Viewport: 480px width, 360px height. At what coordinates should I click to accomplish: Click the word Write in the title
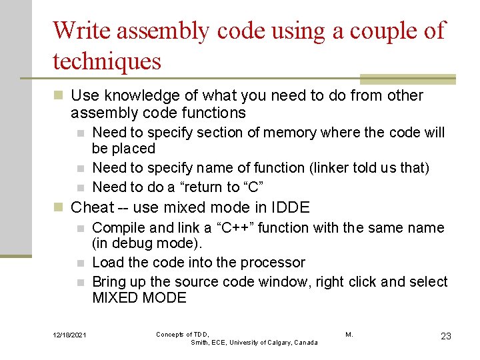click(77, 31)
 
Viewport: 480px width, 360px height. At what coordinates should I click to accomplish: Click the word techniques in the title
click(107, 61)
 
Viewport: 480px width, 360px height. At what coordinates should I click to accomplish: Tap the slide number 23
click(446, 336)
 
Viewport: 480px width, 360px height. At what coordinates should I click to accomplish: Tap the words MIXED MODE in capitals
click(139, 297)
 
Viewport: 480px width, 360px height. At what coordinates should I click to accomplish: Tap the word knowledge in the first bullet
click(132, 96)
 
